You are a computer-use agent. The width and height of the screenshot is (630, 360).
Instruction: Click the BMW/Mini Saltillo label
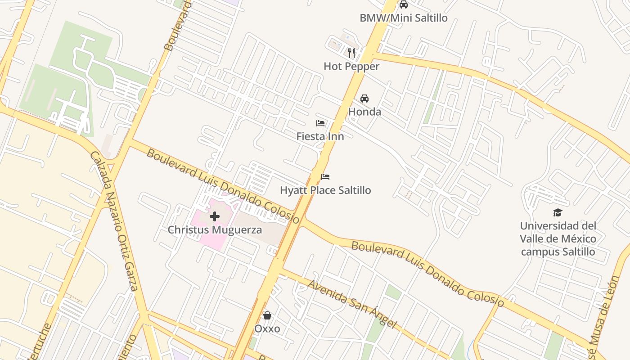coord(404,18)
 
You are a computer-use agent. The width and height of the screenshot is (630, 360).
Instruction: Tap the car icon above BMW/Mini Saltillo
coord(404,4)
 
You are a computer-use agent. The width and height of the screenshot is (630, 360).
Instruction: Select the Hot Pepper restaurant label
coord(351,67)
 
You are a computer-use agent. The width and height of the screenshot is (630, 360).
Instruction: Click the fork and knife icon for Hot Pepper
coord(351,53)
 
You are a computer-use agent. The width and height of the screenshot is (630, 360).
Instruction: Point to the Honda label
coord(364,112)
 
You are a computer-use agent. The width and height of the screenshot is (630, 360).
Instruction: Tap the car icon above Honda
coord(364,98)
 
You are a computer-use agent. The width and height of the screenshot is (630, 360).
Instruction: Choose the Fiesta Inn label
coord(320,136)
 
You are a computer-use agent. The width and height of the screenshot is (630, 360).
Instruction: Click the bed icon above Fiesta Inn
coord(320,123)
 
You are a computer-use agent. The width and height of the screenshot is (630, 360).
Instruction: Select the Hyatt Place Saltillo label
coord(325,190)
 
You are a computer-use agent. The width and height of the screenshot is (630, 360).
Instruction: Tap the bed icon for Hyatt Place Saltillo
coord(325,176)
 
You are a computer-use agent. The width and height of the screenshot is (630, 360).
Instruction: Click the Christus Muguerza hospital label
coord(215,230)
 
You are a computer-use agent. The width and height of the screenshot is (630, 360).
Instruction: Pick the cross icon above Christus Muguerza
coord(215,216)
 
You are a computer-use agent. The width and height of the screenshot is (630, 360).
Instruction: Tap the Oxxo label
coord(267,329)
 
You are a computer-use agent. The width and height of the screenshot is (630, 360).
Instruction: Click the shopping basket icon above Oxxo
coord(267,315)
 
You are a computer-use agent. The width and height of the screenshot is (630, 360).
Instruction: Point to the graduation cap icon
coord(558,212)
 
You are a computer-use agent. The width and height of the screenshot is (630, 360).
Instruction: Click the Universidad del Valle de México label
coord(558,238)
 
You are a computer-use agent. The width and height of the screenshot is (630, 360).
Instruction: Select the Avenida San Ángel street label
coord(352,304)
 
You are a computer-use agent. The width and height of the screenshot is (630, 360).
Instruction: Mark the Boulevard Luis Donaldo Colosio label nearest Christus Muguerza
coord(223,186)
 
